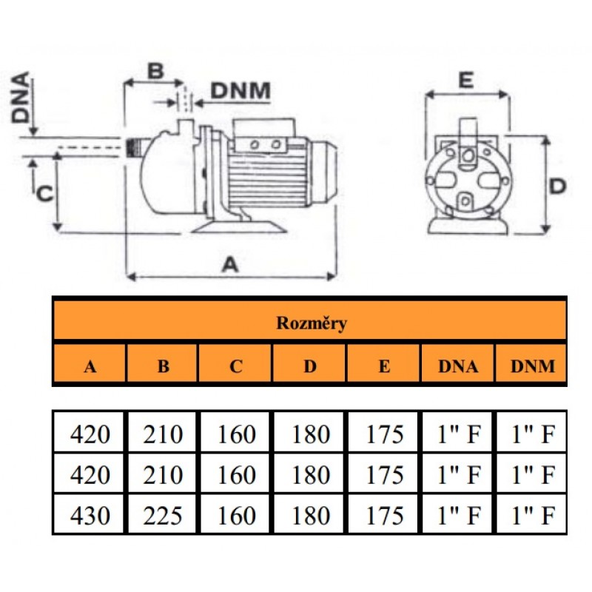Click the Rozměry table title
point(312,323)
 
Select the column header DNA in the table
point(458,366)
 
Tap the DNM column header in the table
point(532,366)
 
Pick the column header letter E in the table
point(384,366)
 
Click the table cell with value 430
point(90,515)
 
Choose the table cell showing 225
point(163,515)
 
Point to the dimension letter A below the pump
point(232,265)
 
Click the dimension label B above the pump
point(154,72)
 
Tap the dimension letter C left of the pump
point(44,194)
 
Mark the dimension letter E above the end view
point(465,81)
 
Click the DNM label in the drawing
point(240,91)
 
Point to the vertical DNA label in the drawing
point(20,98)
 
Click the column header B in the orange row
point(163,366)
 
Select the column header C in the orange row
point(236,366)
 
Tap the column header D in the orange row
point(310,366)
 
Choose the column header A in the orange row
point(90,366)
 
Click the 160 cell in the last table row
point(236,515)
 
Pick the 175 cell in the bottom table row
point(385,515)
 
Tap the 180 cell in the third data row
point(310,515)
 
